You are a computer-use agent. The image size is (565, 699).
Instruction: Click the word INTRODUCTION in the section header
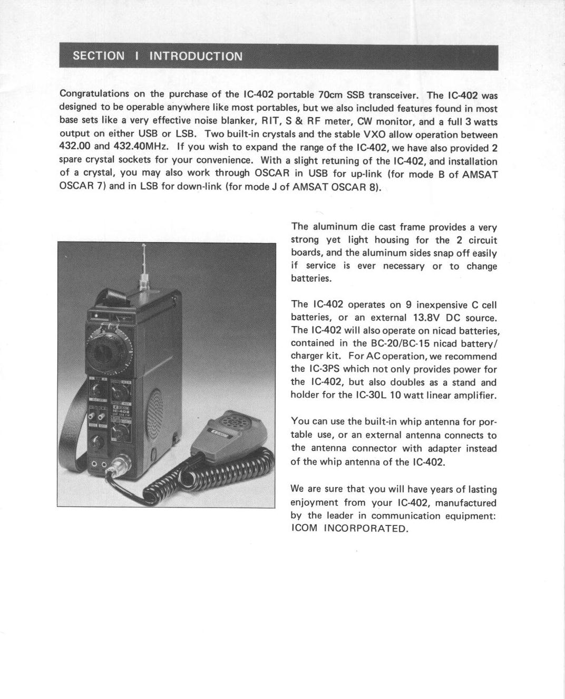click(196, 56)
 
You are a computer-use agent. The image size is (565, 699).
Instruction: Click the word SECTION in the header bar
click(99, 56)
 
